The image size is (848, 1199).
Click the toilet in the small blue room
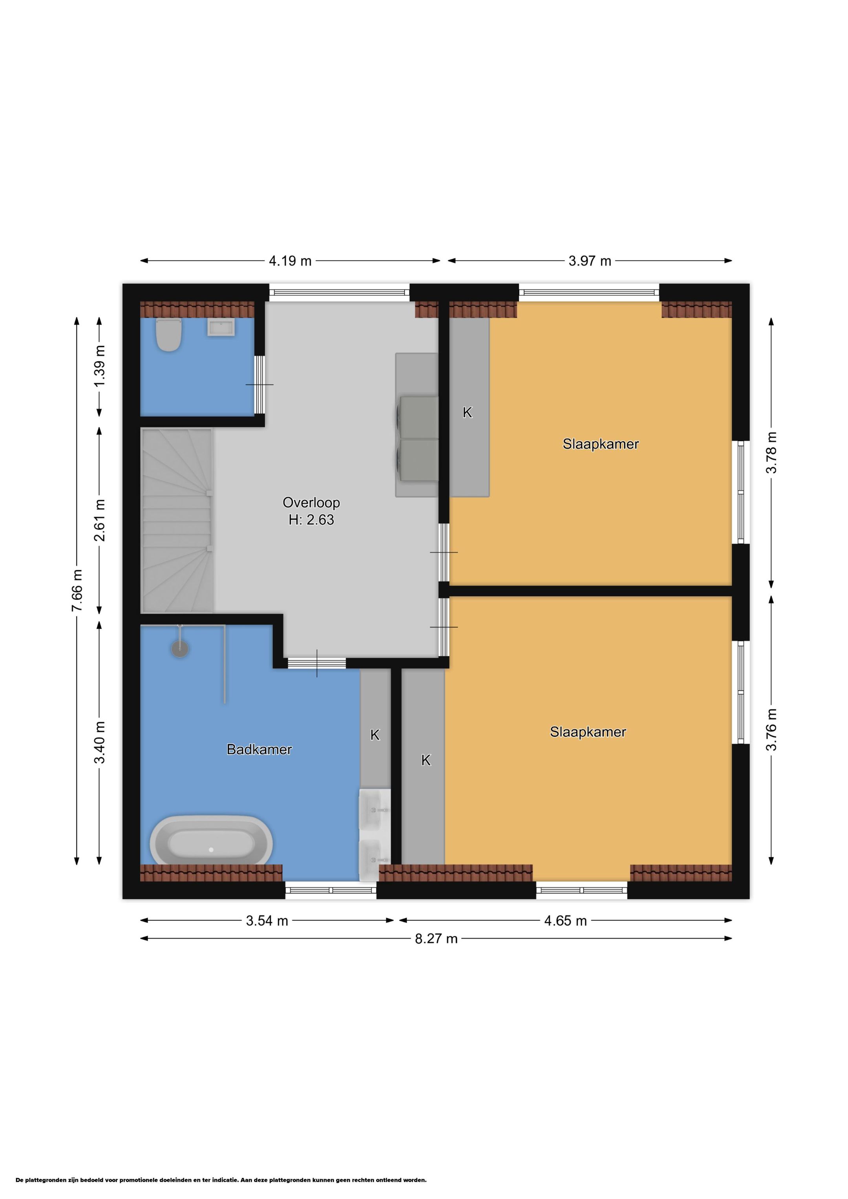(169, 335)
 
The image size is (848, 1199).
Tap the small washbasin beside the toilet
(221, 327)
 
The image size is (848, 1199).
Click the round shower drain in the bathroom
(180, 649)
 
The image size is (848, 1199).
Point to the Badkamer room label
(259, 749)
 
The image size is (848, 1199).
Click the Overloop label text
(311, 502)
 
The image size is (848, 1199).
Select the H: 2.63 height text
(311, 520)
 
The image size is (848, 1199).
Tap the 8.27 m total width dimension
(436, 938)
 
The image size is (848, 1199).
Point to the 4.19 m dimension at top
(290, 261)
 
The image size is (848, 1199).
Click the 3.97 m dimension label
(590, 261)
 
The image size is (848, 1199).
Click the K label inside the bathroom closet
(375, 735)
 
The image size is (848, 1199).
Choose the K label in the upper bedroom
(468, 412)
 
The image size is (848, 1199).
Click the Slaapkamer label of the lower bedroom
(588, 732)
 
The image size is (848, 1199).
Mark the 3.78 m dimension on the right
(771, 452)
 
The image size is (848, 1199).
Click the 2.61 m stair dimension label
(100, 520)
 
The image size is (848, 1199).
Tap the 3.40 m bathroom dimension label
(100, 743)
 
